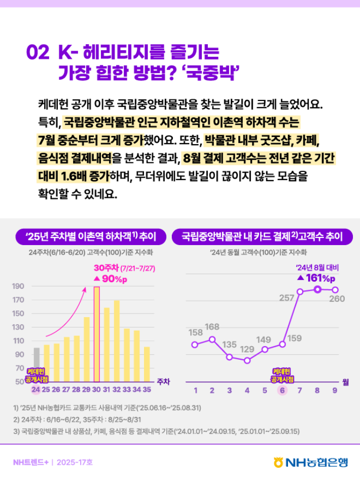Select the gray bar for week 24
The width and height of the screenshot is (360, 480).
click(36, 364)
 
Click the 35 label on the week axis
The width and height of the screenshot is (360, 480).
click(147, 390)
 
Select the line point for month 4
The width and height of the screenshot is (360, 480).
click(247, 360)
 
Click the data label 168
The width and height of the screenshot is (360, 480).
click(212, 326)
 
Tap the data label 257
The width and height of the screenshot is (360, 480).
click(287, 298)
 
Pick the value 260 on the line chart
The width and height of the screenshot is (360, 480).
click(337, 298)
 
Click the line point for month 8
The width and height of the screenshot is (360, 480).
click(317, 289)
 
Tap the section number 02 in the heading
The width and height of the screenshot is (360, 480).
click(38, 52)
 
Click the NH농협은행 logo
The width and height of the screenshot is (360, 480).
click(310, 462)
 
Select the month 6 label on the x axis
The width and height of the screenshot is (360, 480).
click(281, 390)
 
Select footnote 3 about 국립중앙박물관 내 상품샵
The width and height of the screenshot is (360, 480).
click(157, 431)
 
